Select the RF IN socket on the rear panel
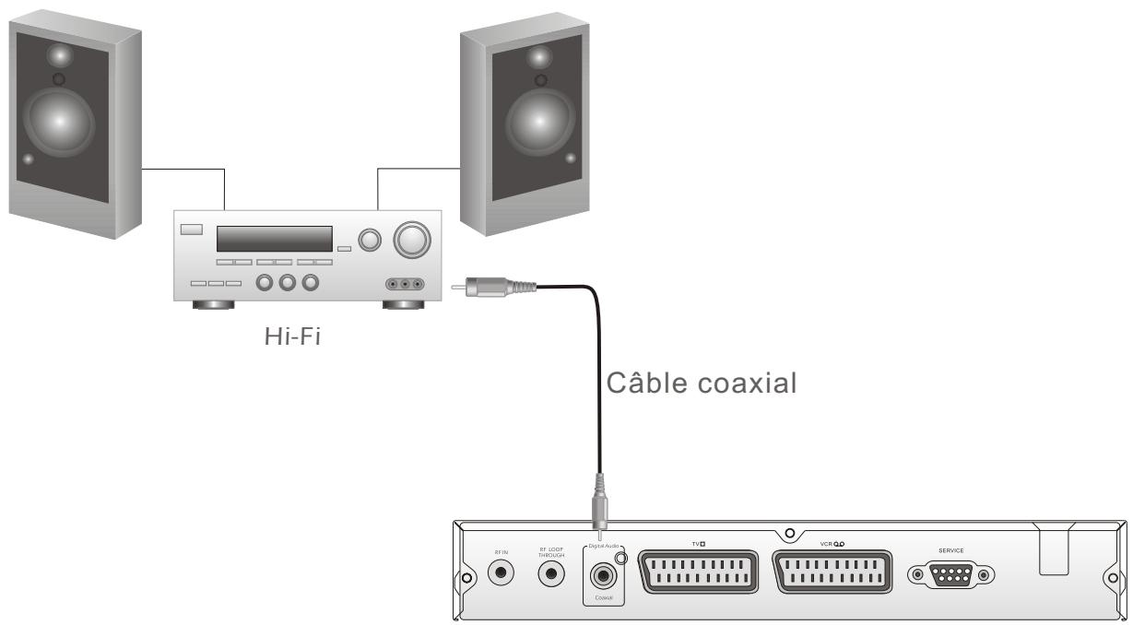pyautogui.click(x=502, y=572)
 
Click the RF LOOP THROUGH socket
pyautogui.click(x=552, y=573)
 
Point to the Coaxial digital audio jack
pyautogui.click(x=603, y=575)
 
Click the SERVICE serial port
pyautogui.click(x=952, y=575)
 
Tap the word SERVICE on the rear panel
pyautogui.click(x=951, y=550)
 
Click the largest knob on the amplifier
pyautogui.click(x=411, y=241)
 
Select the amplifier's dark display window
pyautogui.click(x=274, y=239)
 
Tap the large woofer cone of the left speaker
pyautogui.click(x=59, y=120)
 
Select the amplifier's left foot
pyautogui.click(x=212, y=303)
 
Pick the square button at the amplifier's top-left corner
pyautogui.click(x=191, y=230)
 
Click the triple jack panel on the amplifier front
pyautogui.click(x=406, y=284)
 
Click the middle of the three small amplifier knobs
pyautogui.click(x=287, y=282)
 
